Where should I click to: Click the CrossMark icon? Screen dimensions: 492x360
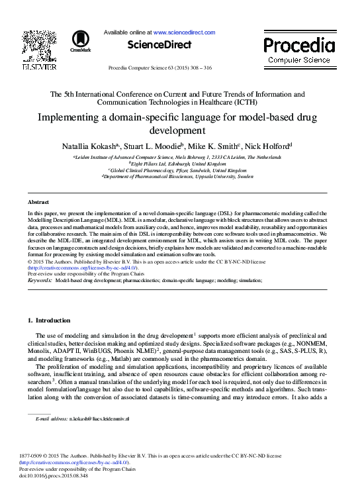pyautogui.click(x=81, y=40)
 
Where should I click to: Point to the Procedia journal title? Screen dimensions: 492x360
pyautogui.click(x=299, y=46)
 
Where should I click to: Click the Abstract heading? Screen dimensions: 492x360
pyautogui.click(x=38, y=201)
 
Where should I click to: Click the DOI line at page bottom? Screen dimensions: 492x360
pyautogui.click(x=58, y=475)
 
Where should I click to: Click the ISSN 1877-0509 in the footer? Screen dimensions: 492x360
pyautogui.click(x=40, y=456)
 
